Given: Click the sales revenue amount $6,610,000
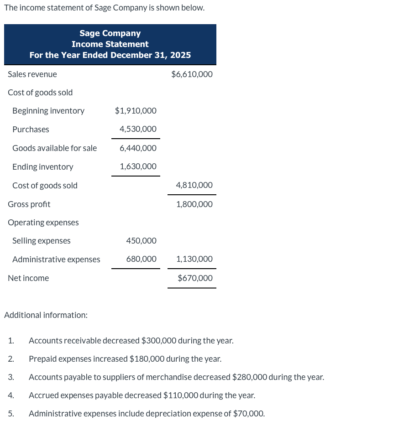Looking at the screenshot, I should point(192,74).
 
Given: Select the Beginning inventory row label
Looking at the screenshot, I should point(48,111).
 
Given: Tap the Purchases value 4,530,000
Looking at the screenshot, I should point(138,130).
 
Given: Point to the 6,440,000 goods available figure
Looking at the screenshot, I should point(138,148).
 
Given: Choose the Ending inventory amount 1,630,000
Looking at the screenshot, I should point(138,167).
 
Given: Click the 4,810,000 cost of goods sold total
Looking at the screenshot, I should point(194,185).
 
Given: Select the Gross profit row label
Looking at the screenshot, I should point(29,204).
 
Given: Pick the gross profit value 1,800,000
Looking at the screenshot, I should point(194,204).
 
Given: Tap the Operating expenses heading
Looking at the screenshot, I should point(43,223).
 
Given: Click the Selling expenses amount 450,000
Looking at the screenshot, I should point(141,241).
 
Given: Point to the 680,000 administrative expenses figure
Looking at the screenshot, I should point(141,259).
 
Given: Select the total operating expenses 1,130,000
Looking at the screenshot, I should point(194,259).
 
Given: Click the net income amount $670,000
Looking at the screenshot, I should point(195,278).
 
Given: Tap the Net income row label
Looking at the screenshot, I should point(28,278).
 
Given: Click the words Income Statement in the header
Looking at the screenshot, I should point(110,44).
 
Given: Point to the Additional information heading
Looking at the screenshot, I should point(46,315).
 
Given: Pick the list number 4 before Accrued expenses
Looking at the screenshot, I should point(10,395).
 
